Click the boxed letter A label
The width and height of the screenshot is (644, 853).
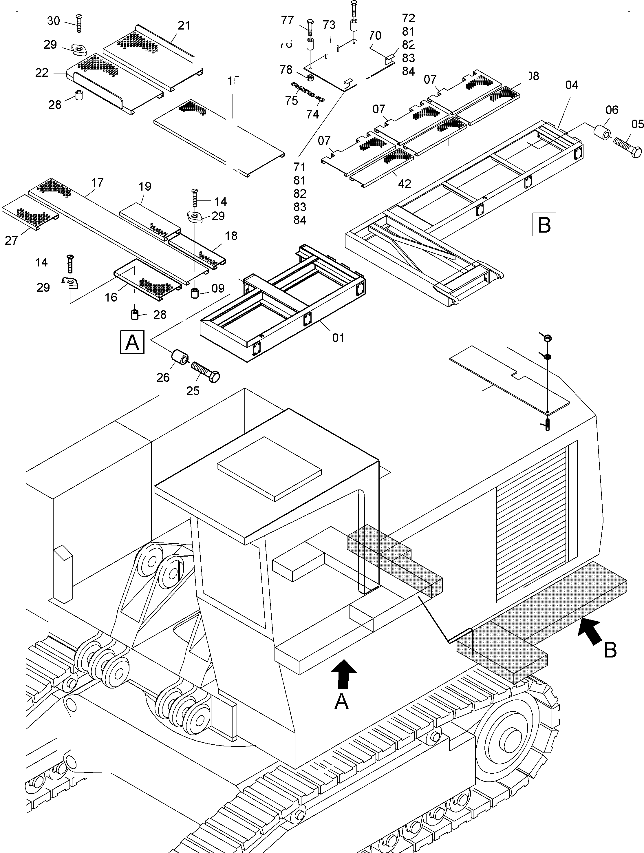point(132,342)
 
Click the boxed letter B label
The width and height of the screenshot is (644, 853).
point(544,224)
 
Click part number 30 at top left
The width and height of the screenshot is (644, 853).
point(54,21)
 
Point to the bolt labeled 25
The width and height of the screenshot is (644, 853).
point(205,371)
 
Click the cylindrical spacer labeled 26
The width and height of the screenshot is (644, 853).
point(179,357)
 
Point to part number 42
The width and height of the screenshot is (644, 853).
point(404,184)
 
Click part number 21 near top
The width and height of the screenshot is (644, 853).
point(184,25)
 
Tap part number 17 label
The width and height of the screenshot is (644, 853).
point(97,182)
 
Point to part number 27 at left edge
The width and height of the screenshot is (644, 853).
point(11,241)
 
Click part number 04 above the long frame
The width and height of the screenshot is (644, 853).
point(572,85)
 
